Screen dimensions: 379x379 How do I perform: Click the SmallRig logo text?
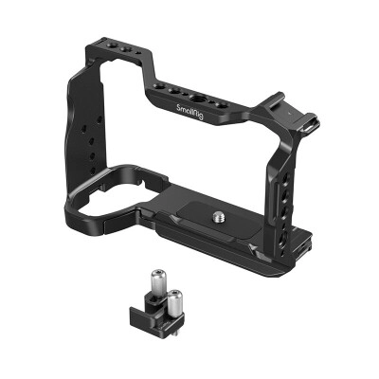pyautogui.click(x=189, y=112)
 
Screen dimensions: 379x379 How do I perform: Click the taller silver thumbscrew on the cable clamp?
pyautogui.click(x=158, y=281)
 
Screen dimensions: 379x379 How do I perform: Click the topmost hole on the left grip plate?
pyautogui.click(x=99, y=119)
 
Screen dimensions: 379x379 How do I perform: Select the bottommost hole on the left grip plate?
pyautogui.click(x=93, y=171)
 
